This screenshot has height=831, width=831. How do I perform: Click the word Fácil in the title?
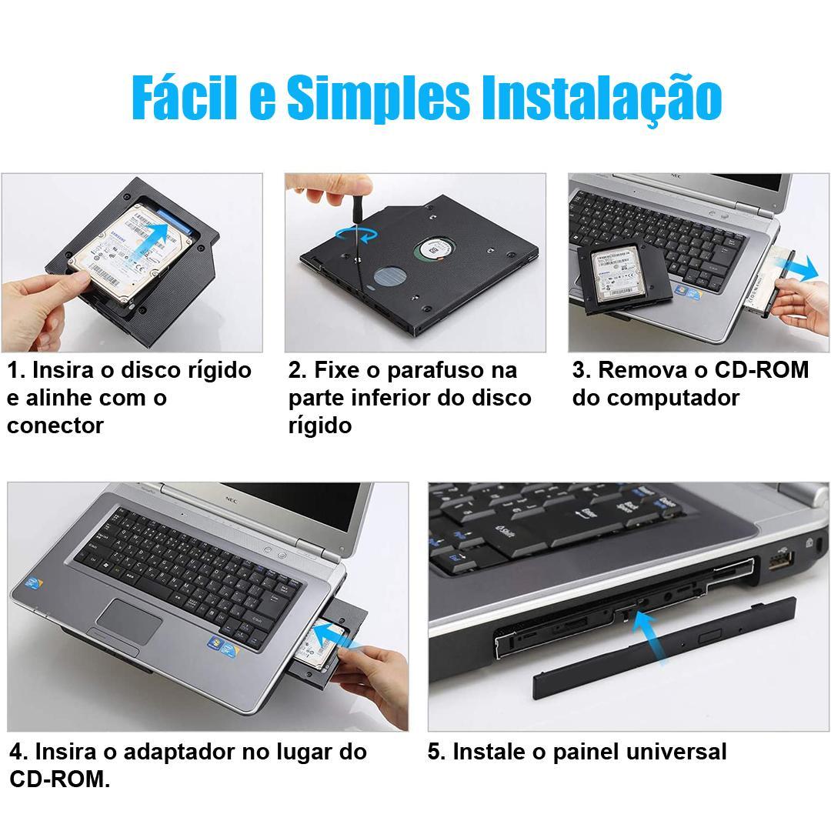pos(184,97)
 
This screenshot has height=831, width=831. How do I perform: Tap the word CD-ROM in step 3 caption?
pos(762,370)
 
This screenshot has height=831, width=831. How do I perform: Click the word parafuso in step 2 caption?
pos(433,370)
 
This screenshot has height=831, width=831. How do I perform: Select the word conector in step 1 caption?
pos(55,426)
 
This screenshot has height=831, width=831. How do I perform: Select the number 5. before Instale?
pos(436,752)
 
